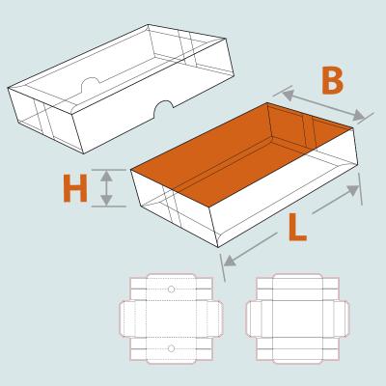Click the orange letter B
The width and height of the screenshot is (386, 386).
pyautogui.click(x=333, y=81)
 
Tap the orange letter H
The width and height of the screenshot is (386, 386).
pyautogui.click(x=75, y=188)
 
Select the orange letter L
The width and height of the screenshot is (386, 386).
pyautogui.click(x=297, y=228)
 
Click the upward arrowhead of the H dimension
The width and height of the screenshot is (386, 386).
pyautogui.click(x=106, y=176)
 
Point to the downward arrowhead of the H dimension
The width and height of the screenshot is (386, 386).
pyautogui.click(x=106, y=200)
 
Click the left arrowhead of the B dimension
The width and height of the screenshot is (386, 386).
pyautogui.click(x=289, y=96)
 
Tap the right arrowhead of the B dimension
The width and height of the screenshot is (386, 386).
pyautogui.click(x=359, y=115)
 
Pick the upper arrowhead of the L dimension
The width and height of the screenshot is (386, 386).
pyautogui.click(x=353, y=190)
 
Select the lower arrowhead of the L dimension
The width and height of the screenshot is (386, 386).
pyautogui.click(x=230, y=261)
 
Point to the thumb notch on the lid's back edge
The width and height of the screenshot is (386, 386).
pyautogui.click(x=91, y=84)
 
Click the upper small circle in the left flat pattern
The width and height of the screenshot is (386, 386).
pyautogui.click(x=171, y=289)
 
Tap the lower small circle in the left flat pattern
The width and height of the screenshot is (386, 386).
pyautogui.click(x=171, y=348)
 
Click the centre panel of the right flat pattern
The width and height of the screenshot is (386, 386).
pyautogui.click(x=297, y=318)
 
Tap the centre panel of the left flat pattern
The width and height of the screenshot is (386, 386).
pyautogui.click(x=171, y=318)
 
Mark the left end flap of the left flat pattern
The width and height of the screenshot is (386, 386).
pyautogui.click(x=127, y=318)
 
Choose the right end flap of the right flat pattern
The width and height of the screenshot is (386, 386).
pyautogui.click(x=342, y=318)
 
